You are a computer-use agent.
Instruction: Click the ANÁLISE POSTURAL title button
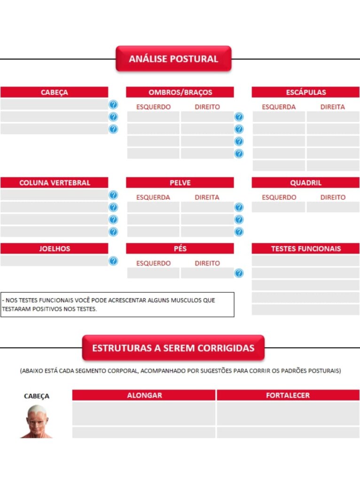(173, 59)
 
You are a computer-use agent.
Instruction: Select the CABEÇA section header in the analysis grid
(54, 92)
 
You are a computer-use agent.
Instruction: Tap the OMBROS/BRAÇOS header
(180, 92)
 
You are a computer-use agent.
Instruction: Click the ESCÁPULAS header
(305, 92)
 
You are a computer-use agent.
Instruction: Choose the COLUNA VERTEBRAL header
(54, 183)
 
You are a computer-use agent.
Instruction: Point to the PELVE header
(180, 183)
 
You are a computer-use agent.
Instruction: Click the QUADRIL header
(305, 183)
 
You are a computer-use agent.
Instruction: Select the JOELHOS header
(54, 248)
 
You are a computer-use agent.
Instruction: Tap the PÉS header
(180, 248)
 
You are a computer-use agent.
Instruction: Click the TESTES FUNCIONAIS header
(305, 248)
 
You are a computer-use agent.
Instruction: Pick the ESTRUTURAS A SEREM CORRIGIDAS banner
(173, 348)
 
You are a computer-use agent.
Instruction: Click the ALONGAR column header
(144, 395)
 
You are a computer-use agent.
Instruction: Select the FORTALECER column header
(288, 395)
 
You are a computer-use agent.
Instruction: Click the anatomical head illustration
(37, 421)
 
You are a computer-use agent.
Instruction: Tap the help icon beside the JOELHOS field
(113, 261)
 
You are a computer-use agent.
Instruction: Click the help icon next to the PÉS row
(239, 273)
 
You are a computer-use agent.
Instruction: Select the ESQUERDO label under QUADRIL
(279, 197)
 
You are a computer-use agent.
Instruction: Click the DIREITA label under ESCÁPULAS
(333, 107)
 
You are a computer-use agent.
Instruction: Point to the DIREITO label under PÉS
(207, 263)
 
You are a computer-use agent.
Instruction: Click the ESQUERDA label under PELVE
(153, 197)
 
